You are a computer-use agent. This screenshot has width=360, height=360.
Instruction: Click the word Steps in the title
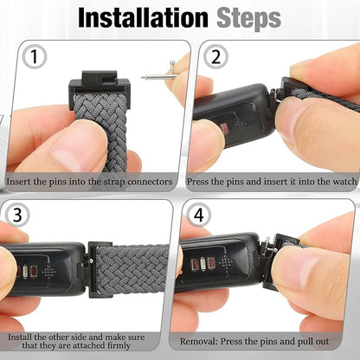pyautogui.click(x=248, y=17)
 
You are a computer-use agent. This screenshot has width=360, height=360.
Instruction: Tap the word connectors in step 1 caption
pyautogui.click(x=150, y=183)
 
